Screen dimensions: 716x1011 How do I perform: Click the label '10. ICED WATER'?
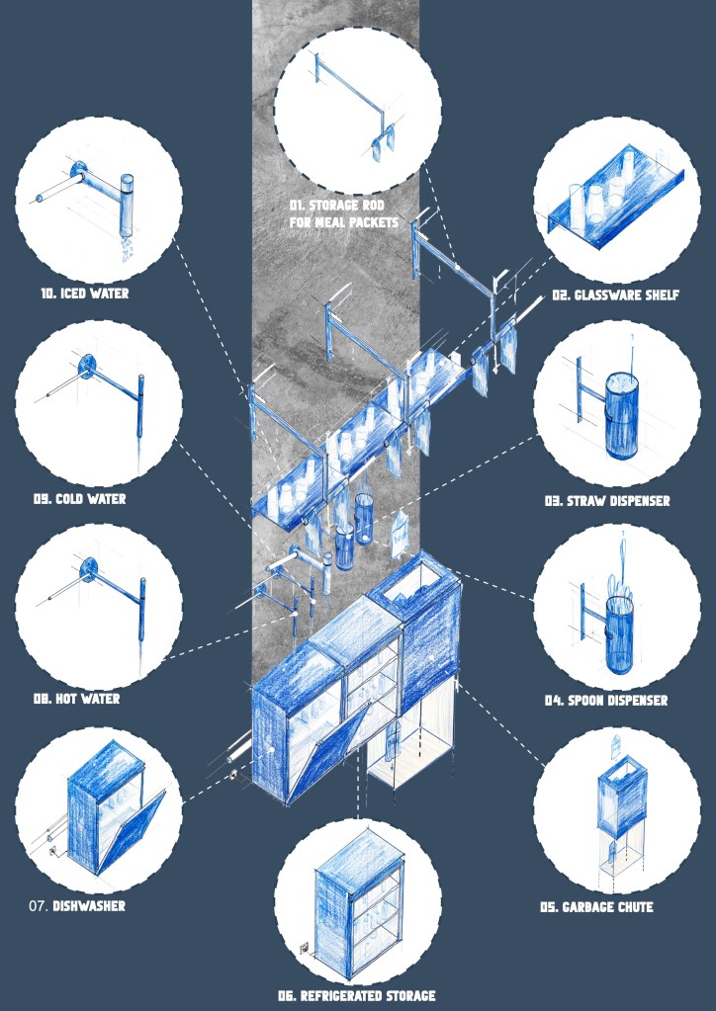coord(84,294)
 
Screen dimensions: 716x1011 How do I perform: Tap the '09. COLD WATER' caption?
coord(79,498)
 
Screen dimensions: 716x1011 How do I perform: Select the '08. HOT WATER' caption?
coord(77,699)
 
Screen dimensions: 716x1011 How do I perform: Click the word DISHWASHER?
coord(89,906)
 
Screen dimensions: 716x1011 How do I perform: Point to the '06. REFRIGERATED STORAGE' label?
coord(357,996)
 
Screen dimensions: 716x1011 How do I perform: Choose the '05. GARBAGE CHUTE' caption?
coord(596,907)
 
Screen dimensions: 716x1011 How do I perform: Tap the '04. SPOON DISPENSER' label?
coord(605,701)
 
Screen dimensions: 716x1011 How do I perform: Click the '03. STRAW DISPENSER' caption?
coord(607,500)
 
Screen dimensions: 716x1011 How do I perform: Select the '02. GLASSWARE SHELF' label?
coord(615,295)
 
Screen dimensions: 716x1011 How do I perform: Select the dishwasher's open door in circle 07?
coord(129,832)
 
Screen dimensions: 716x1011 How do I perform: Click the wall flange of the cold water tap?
coord(86,367)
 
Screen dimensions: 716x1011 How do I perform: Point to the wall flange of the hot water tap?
coord(89,566)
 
